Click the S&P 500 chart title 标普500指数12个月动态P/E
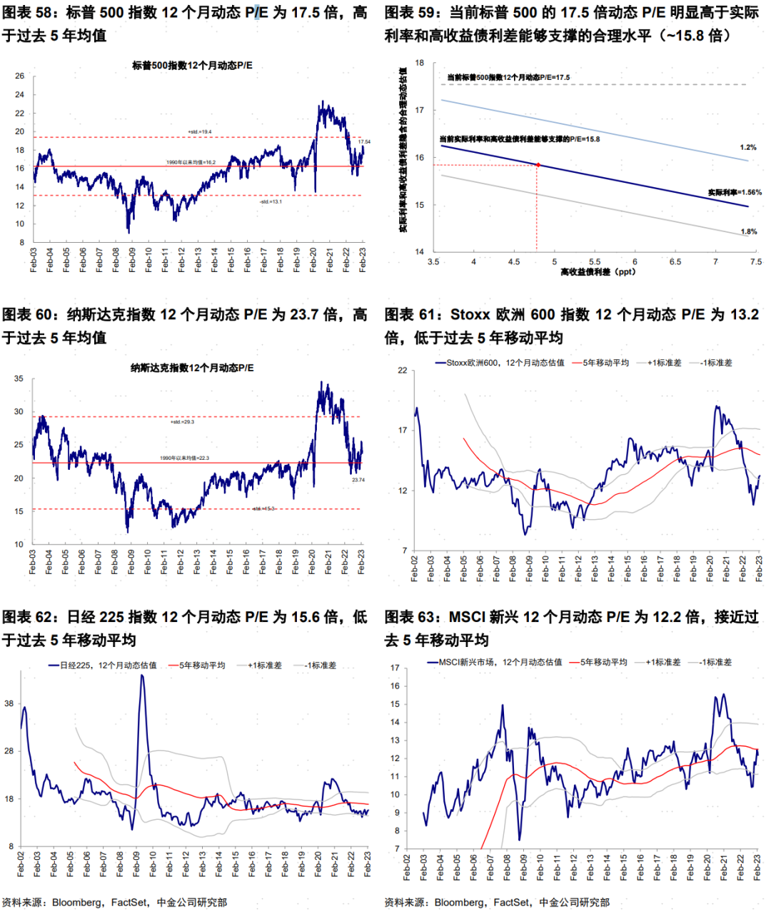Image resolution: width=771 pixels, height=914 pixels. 192,66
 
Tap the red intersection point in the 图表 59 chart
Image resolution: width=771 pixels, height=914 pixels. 538,165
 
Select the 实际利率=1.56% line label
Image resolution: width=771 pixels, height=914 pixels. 735,193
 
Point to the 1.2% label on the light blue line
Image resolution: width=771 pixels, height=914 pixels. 747,148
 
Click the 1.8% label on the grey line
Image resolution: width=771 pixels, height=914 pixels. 748,232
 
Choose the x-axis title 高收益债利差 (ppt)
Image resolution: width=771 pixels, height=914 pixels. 598,272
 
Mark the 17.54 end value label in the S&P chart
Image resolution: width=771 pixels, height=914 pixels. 364,142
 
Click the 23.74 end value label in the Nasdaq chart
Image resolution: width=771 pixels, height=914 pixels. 358,480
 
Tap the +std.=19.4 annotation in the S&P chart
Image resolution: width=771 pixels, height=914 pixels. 199,132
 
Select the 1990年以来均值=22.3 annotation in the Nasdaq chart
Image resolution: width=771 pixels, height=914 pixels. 184,458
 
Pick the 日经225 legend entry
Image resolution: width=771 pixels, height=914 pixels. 107,666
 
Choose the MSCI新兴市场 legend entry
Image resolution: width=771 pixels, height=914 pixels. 500,663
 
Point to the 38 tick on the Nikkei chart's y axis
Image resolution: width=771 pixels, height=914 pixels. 9,703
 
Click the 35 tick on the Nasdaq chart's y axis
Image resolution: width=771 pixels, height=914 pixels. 19,379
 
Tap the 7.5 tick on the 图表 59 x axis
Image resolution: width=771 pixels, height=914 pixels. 756,262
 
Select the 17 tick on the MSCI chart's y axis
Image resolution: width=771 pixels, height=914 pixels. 395,668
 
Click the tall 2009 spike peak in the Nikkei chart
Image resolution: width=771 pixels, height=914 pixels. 141,676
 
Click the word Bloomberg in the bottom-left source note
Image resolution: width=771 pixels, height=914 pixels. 77,903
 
